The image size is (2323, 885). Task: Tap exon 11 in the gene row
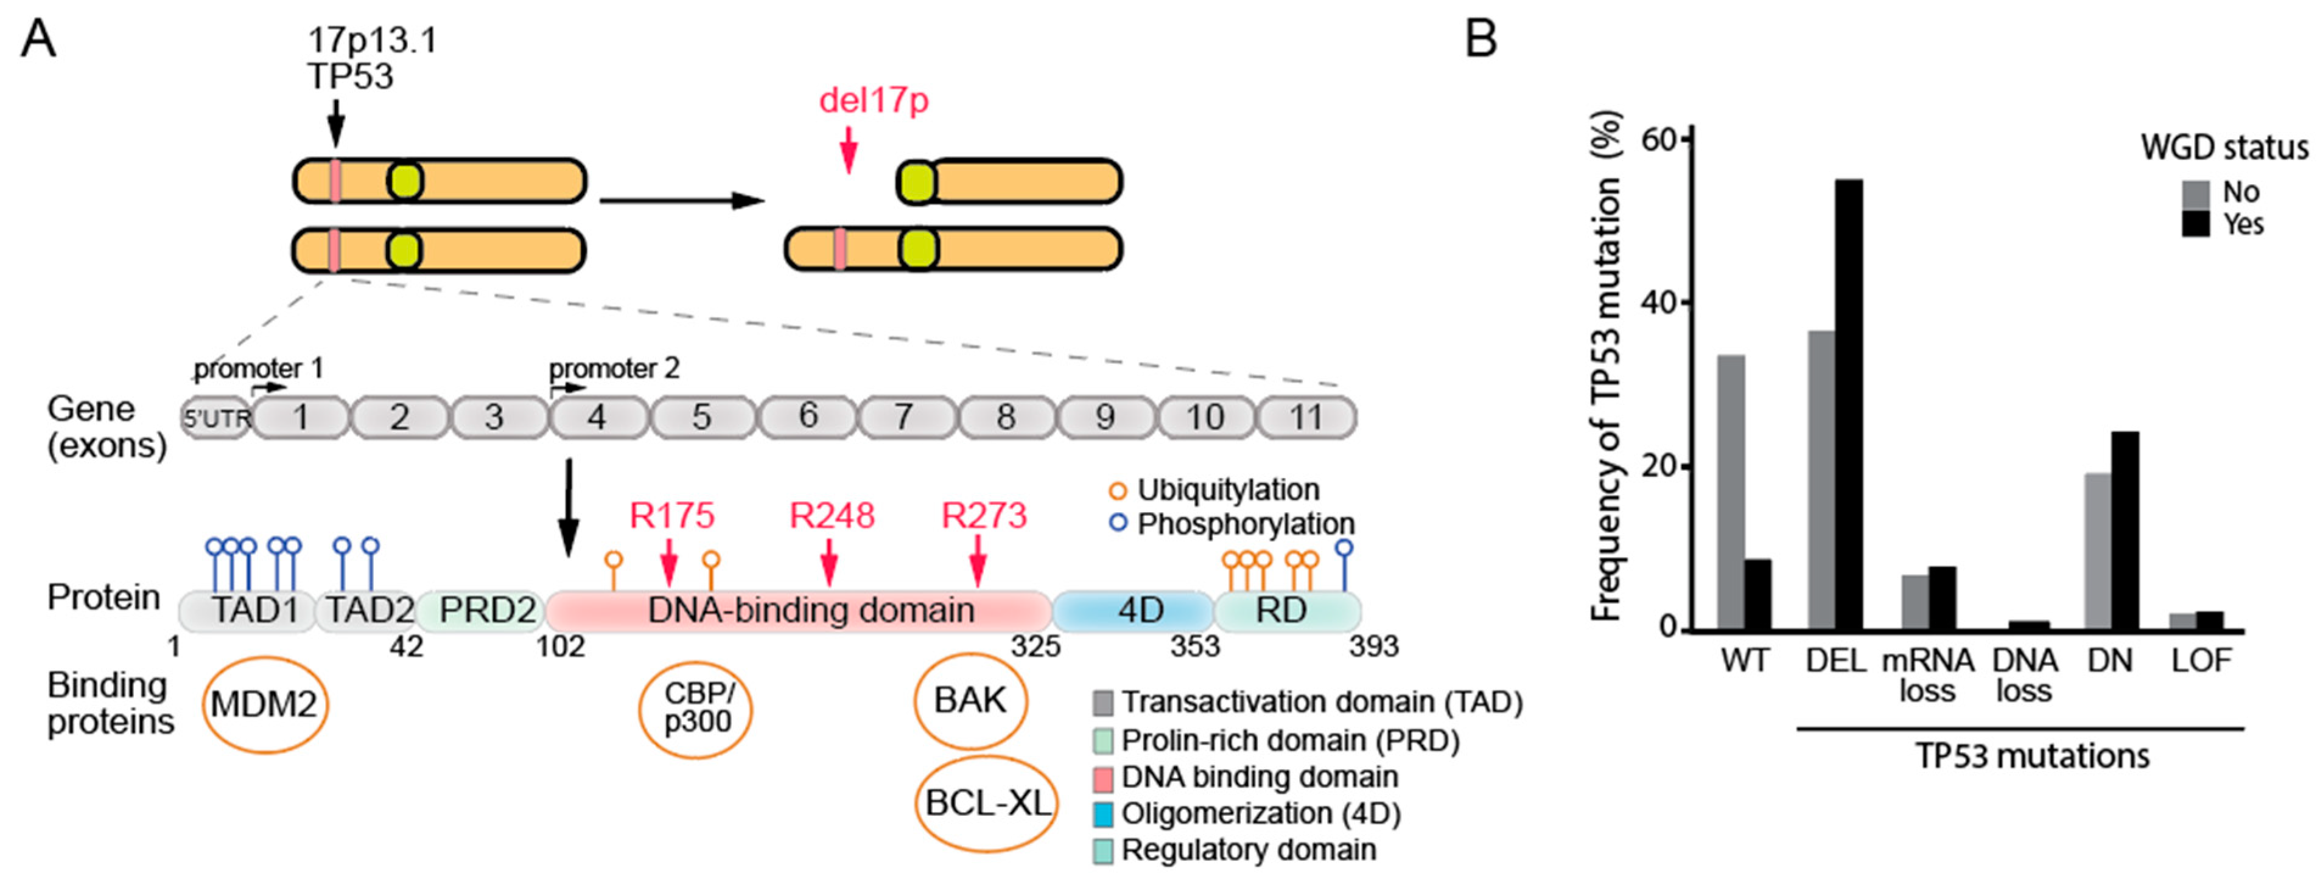click(x=1305, y=417)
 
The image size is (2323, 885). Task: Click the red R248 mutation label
click(x=832, y=516)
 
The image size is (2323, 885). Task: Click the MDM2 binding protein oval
click(x=264, y=704)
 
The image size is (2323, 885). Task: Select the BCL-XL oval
click(x=987, y=802)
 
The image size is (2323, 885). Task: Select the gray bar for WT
click(x=1731, y=492)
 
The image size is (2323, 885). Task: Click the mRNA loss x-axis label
click(x=1927, y=675)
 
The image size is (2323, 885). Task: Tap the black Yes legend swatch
click(x=2195, y=223)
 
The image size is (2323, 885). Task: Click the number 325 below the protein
click(x=1034, y=646)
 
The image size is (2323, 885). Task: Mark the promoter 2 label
click(x=614, y=369)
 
